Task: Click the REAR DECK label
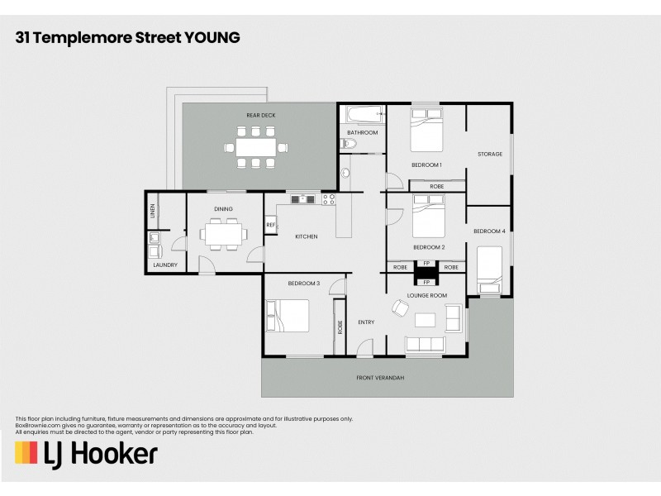[x=260, y=115]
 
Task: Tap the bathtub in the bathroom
[x=363, y=115]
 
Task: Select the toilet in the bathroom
[x=348, y=144]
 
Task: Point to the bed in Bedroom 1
[x=427, y=132]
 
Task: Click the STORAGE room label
[x=490, y=155]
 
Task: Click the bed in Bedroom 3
[x=287, y=315]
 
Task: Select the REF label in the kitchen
[x=270, y=225]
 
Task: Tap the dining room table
[x=222, y=236]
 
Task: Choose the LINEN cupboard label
[x=153, y=211]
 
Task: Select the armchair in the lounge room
[x=400, y=308]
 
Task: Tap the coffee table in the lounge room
[x=426, y=319]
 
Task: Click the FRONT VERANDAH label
[x=380, y=378]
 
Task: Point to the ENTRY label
[x=366, y=322]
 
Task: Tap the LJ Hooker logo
[x=86, y=454]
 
